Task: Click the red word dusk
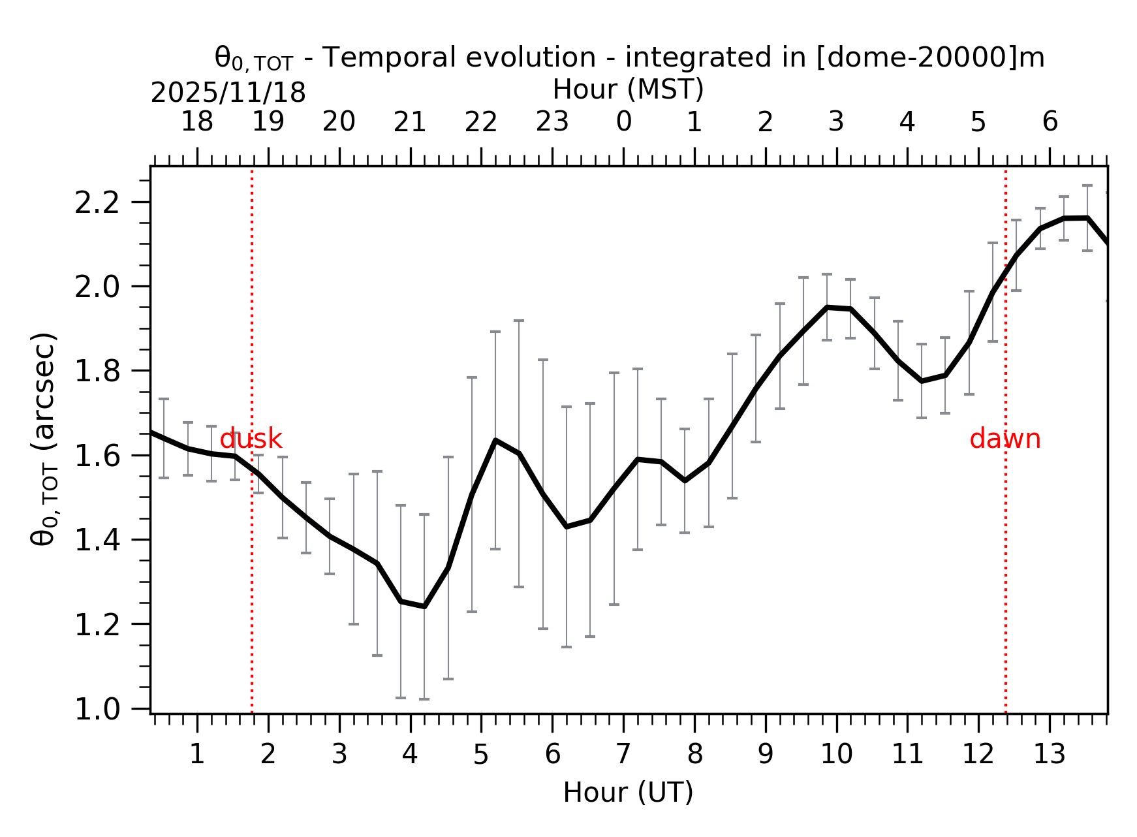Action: (251, 439)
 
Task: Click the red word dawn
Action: (1005, 439)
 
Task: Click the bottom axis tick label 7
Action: (623, 755)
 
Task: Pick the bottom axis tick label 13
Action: (1049, 755)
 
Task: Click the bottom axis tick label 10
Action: (836, 755)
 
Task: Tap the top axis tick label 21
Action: (410, 122)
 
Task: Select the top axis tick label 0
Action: (623, 122)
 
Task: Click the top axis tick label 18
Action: (196, 122)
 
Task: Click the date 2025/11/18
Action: (228, 93)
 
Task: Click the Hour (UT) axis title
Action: (628, 793)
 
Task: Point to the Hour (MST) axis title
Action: (628, 89)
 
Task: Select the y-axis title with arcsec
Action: (44, 439)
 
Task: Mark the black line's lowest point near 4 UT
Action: (424, 607)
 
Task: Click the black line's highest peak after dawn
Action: (1087, 217)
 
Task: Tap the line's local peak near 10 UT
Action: (827, 307)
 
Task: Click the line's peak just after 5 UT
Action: (495, 440)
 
